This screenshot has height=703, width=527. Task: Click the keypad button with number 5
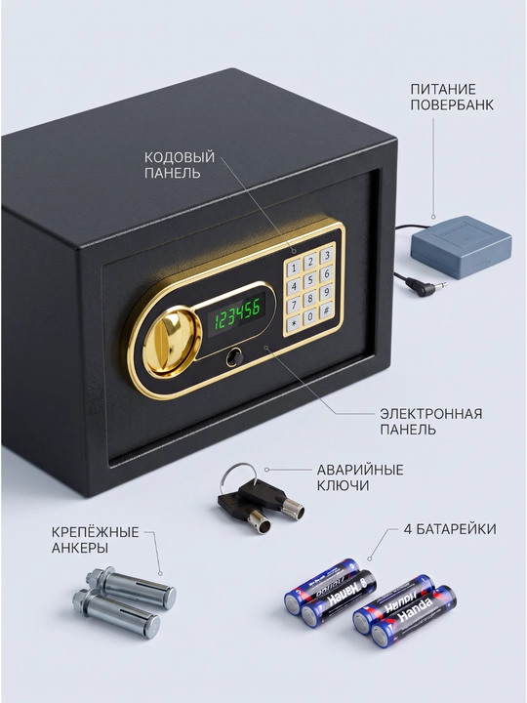(310, 280)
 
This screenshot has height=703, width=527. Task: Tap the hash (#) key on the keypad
(327, 310)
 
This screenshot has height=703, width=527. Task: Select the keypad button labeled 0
(310, 316)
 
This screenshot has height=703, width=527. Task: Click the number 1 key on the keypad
(294, 268)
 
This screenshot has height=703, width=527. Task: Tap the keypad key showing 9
(327, 291)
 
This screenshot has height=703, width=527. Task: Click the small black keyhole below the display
(233, 356)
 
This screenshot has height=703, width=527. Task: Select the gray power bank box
(461, 247)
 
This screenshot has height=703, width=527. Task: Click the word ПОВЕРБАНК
(452, 104)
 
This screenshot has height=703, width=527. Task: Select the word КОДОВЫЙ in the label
(180, 157)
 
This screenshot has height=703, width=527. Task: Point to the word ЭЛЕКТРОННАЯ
(431, 414)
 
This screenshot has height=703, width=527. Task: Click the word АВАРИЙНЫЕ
(360, 470)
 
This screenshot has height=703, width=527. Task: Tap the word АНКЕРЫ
(80, 548)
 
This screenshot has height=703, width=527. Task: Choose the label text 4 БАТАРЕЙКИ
(450, 529)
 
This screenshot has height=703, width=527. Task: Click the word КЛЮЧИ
(344, 485)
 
